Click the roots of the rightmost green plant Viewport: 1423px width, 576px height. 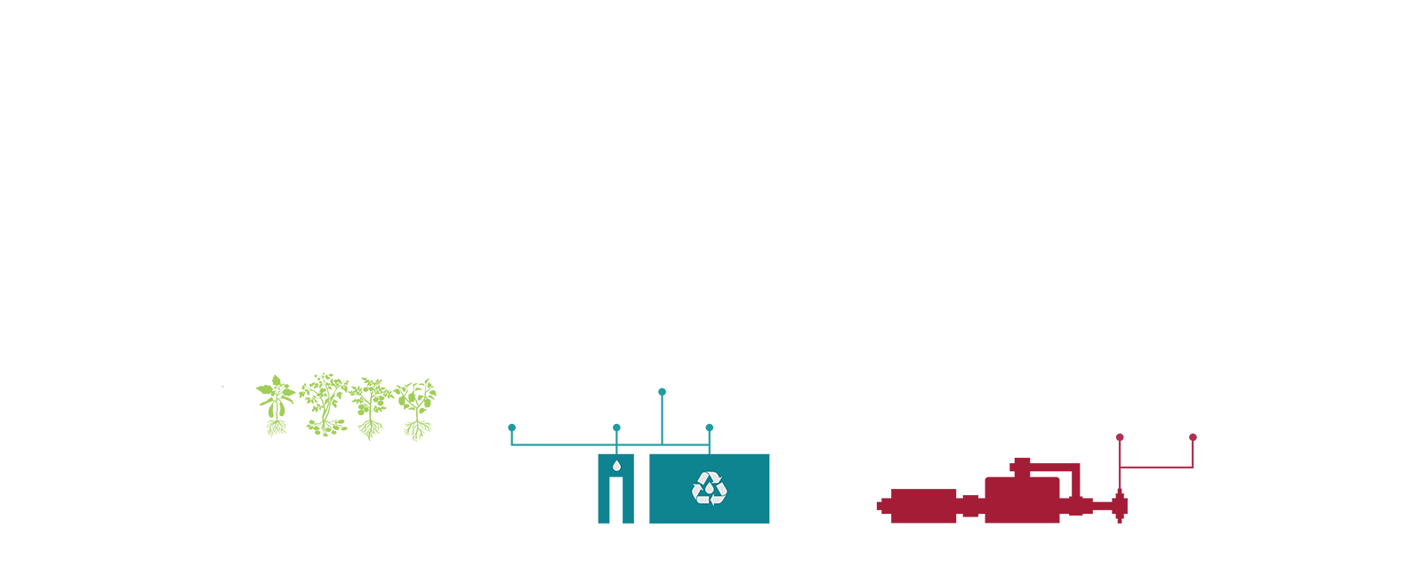pyautogui.click(x=417, y=431)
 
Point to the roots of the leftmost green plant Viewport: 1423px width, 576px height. pyautogui.click(x=277, y=429)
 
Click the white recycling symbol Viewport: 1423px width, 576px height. pyautogui.click(x=709, y=488)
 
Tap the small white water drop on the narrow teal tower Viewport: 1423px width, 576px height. pyautogui.click(x=615, y=465)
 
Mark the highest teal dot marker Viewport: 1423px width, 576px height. pyautogui.click(x=662, y=391)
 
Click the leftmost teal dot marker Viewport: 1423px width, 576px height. pyautogui.click(x=511, y=428)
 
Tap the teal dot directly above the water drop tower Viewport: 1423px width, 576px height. pyautogui.click(x=616, y=428)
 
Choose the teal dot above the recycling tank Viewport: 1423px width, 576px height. pyautogui.click(x=709, y=428)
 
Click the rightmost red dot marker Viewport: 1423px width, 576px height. pyautogui.click(x=1193, y=437)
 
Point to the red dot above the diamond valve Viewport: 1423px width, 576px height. pyautogui.click(x=1120, y=437)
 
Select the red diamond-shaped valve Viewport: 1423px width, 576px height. pyautogui.click(x=1120, y=507)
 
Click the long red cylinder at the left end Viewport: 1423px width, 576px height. pyautogui.click(x=923, y=505)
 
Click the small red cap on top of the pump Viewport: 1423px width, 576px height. pyautogui.click(x=1021, y=461)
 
